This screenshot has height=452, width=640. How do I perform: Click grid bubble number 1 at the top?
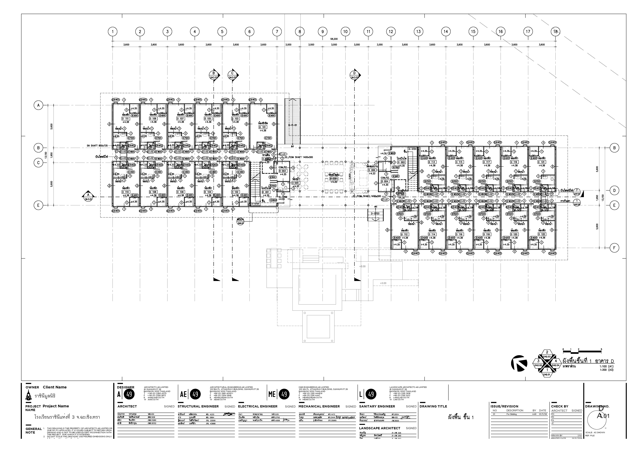click(113, 31)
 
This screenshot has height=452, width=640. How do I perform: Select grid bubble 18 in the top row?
click(555, 31)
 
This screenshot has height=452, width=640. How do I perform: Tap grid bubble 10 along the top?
click(345, 31)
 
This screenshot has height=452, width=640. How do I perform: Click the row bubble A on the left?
click(38, 105)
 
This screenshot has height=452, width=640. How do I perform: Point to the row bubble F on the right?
click(614, 248)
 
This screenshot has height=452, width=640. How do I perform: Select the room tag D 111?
click(126, 118)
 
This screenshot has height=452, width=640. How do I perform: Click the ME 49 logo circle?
click(284, 394)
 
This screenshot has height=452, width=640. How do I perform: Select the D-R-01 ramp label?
click(292, 125)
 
